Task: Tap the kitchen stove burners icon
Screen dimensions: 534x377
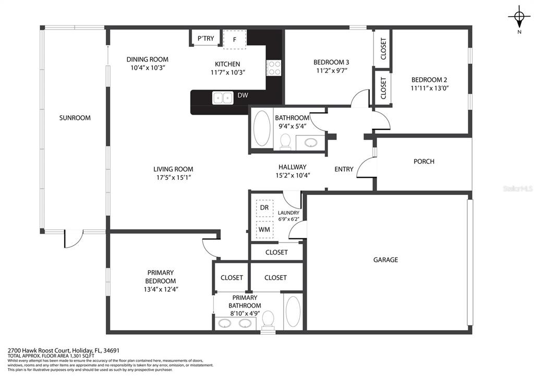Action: click(274, 68)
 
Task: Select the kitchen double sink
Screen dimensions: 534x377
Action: click(223, 98)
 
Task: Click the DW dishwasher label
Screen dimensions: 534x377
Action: click(243, 95)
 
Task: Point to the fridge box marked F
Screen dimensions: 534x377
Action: click(234, 40)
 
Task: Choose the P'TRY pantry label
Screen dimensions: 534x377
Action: click(205, 39)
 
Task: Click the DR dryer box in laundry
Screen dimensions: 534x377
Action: click(264, 208)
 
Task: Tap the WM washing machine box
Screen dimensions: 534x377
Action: click(264, 229)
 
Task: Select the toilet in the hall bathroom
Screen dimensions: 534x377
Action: click(285, 141)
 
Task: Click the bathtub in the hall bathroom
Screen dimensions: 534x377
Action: click(262, 128)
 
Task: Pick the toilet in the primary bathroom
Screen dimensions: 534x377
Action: click(269, 321)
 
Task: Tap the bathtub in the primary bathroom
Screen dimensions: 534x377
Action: click(293, 312)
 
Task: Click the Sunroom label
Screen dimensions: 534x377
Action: click(75, 118)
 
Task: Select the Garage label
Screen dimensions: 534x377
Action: click(385, 260)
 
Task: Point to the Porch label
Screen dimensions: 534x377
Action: click(424, 162)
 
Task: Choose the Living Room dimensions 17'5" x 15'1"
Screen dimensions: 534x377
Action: click(173, 177)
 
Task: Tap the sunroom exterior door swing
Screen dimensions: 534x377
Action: click(73, 238)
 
